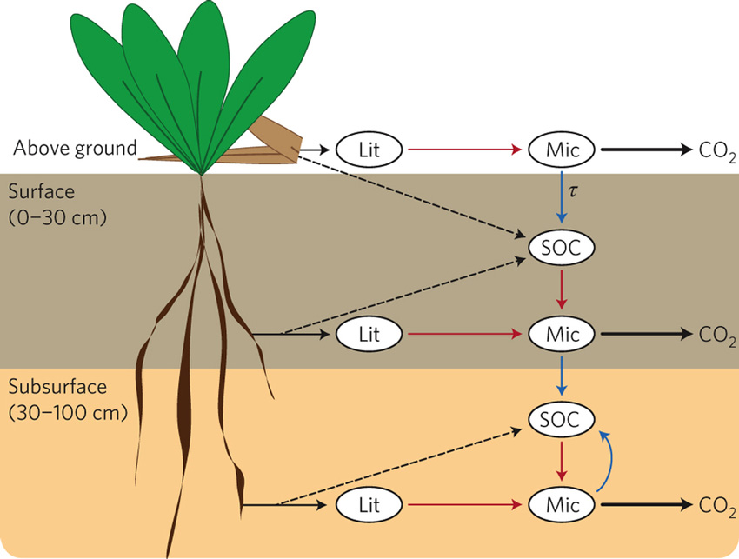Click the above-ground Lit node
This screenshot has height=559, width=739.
(369, 149)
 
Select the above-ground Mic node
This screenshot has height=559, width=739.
(562, 149)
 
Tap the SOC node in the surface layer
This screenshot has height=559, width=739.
(562, 248)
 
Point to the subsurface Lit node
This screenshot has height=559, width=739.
(369, 503)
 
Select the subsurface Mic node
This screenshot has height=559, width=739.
(562, 503)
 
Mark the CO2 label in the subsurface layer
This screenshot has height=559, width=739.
(716, 505)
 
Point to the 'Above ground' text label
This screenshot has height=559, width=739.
(75, 149)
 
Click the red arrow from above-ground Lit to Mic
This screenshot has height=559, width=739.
(465, 149)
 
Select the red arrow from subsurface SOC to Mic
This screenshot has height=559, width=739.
(562, 462)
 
